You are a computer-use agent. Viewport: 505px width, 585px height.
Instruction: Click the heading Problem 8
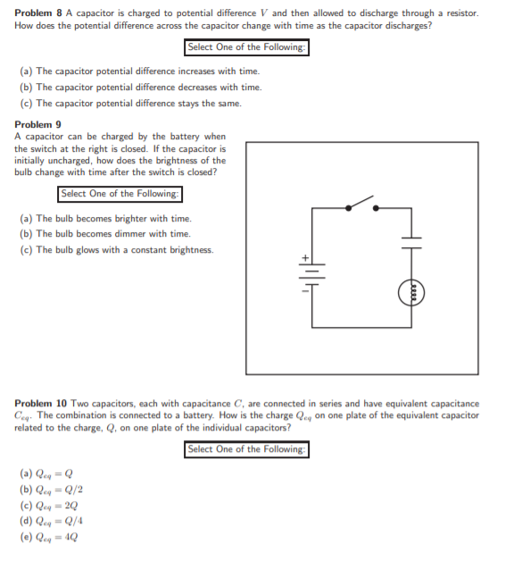point(38,14)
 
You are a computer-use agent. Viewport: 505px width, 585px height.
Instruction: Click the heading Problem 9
point(38,124)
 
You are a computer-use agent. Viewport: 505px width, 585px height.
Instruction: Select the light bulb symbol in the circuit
point(411,290)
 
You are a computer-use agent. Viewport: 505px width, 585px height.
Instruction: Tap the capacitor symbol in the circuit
point(411,242)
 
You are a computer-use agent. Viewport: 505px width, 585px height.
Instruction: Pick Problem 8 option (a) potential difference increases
point(139,71)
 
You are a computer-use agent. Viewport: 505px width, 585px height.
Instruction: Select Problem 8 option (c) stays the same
point(129,104)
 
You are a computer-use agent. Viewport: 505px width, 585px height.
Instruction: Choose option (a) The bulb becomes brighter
point(105,218)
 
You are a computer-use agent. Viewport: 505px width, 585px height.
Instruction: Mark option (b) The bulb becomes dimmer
point(104,234)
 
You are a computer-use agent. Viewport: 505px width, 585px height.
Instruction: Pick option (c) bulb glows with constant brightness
point(116,250)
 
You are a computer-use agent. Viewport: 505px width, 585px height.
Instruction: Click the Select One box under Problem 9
point(120,194)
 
